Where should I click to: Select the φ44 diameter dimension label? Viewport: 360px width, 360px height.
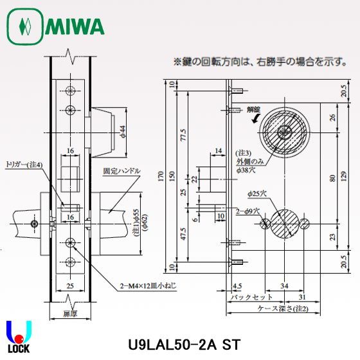pos(122,134)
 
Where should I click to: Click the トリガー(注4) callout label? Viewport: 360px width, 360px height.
pos(24,165)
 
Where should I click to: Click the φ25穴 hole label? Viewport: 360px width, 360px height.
pos(260,194)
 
